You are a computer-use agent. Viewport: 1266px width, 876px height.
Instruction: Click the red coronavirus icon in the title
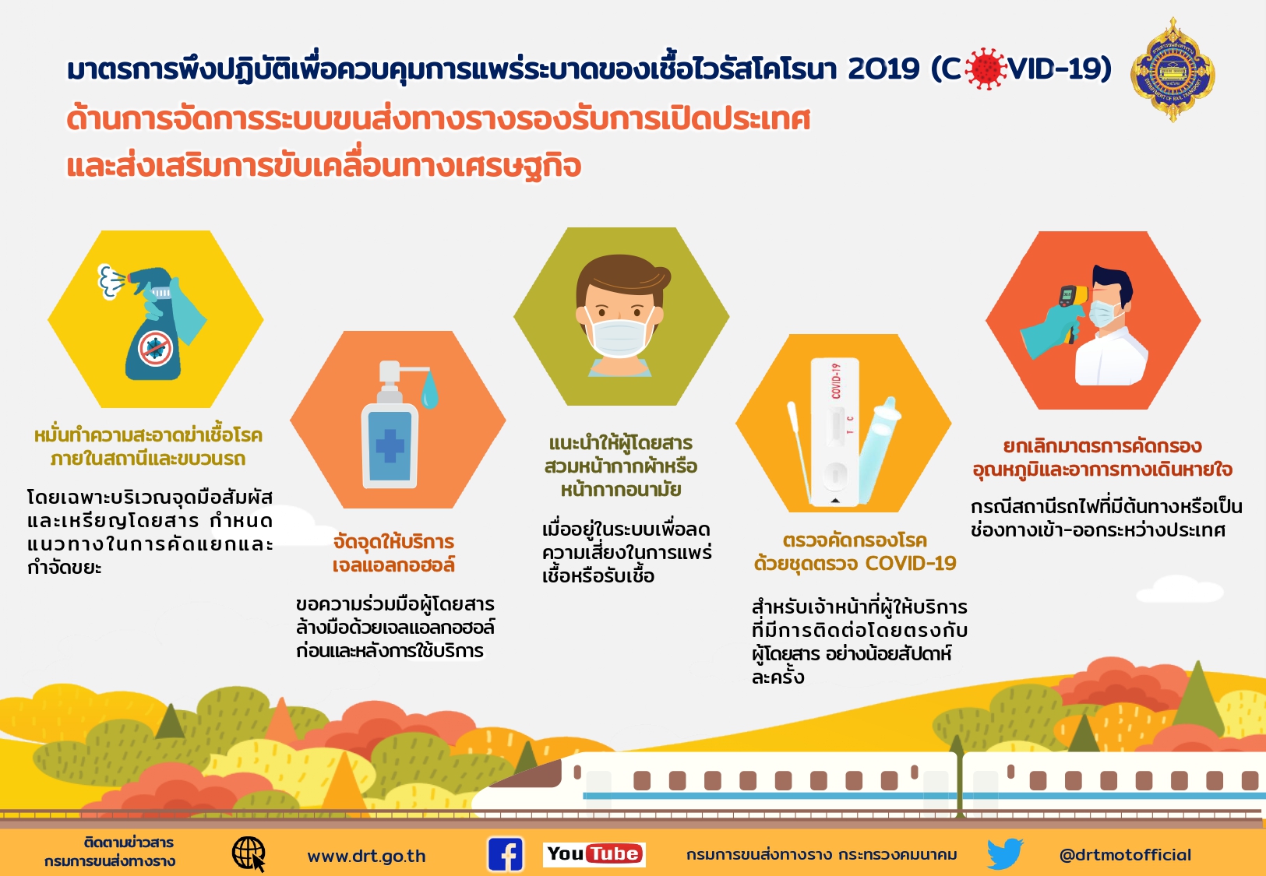pyautogui.click(x=986, y=69)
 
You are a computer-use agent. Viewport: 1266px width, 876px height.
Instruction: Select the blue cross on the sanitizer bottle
pyautogui.click(x=390, y=445)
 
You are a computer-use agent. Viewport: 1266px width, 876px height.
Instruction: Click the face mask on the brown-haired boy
pyautogui.click(x=619, y=337)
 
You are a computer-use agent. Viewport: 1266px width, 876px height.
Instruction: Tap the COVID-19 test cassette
pyautogui.click(x=834, y=432)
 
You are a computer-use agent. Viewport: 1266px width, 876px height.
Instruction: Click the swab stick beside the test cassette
pyautogui.click(x=799, y=452)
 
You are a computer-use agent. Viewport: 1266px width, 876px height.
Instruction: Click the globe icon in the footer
pyautogui.click(x=249, y=854)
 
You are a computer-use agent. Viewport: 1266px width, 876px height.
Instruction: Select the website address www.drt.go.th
pyautogui.click(x=366, y=856)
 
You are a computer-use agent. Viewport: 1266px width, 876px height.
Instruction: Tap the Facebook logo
pyautogui.click(x=506, y=854)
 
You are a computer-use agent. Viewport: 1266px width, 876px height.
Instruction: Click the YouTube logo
pyautogui.click(x=594, y=854)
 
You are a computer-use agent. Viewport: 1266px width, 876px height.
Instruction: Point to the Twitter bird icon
pyautogui.click(x=1006, y=853)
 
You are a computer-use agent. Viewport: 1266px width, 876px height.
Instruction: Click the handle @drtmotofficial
pyautogui.click(x=1125, y=855)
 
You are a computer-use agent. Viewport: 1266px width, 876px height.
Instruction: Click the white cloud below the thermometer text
pyautogui.click(x=1180, y=589)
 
